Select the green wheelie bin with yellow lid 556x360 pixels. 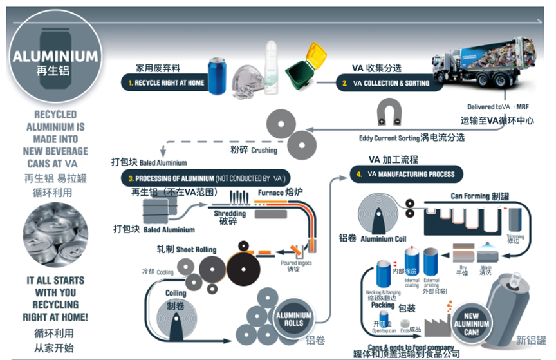click(303, 67)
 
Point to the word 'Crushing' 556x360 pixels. click(264, 151)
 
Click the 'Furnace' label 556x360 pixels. click(271, 191)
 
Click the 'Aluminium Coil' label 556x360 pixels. click(385, 239)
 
